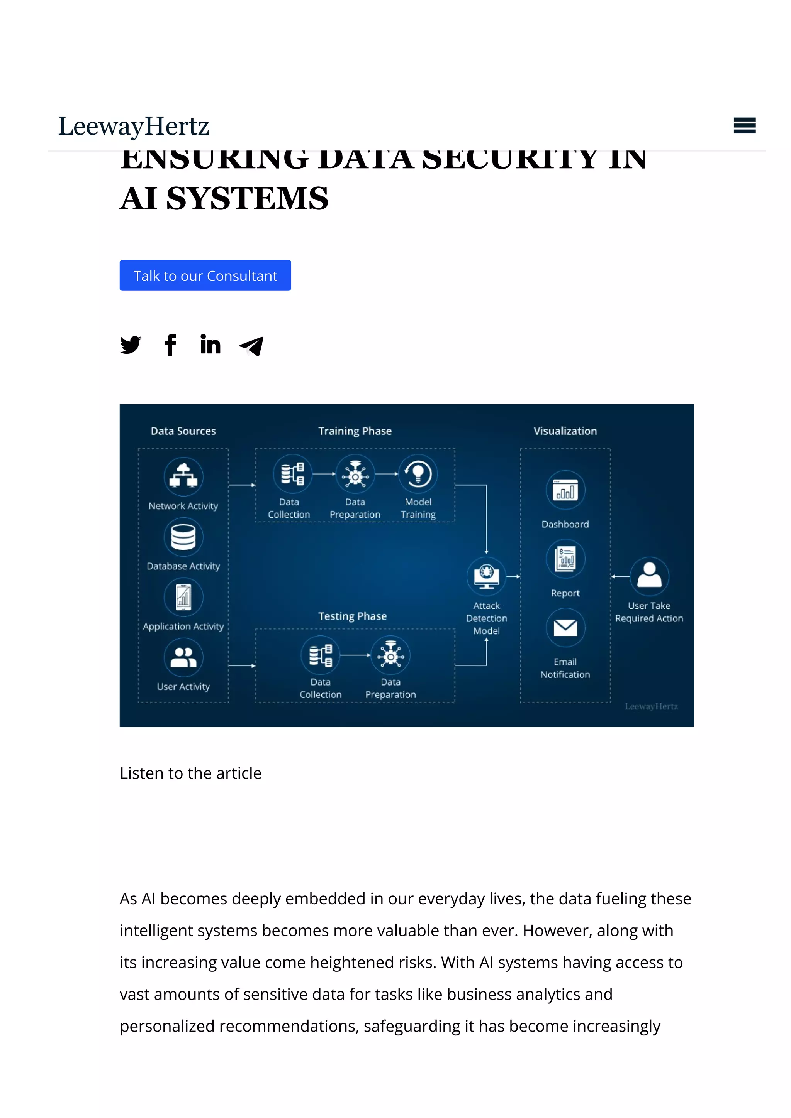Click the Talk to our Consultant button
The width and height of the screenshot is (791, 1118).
click(205, 275)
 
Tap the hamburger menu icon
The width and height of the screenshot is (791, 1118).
click(744, 126)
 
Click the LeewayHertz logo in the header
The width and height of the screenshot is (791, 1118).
click(134, 126)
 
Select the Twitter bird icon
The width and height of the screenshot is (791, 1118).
click(131, 345)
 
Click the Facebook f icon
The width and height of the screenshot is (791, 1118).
click(170, 345)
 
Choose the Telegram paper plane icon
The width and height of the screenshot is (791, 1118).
click(251, 346)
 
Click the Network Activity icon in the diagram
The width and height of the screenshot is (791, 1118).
click(183, 476)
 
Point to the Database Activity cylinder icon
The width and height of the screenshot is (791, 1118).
click(183, 537)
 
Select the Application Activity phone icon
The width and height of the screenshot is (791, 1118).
click(183, 597)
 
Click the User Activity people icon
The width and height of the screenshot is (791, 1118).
click(183, 657)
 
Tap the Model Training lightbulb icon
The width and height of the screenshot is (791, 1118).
click(418, 474)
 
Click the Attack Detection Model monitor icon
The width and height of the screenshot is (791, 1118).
click(486, 576)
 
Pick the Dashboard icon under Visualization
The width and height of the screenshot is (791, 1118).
click(565, 490)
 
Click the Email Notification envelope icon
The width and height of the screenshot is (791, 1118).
click(565, 627)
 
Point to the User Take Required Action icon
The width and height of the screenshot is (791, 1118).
click(649, 576)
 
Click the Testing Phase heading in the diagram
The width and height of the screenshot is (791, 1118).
click(352, 616)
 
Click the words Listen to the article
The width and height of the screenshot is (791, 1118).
click(190, 773)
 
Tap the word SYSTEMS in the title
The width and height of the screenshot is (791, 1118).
click(247, 199)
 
